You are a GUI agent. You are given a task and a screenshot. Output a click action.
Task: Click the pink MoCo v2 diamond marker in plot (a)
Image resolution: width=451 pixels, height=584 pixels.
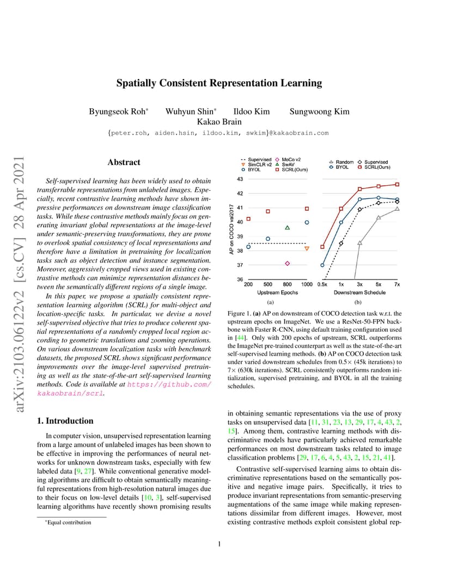(287, 263)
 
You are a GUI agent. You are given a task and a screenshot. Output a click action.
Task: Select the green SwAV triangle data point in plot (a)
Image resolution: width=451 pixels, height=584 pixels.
(287, 227)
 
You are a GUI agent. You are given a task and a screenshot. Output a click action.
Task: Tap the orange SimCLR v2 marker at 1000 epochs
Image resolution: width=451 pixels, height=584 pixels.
(307, 248)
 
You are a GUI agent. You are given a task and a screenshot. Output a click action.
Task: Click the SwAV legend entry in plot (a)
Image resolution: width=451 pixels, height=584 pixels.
(289, 165)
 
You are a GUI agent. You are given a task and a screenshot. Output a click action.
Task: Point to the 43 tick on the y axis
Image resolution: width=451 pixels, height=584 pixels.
(240, 179)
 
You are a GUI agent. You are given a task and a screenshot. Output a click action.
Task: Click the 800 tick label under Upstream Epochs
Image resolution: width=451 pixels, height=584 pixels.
(287, 284)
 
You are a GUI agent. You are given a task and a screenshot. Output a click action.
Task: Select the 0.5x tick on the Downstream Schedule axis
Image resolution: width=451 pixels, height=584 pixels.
(322, 284)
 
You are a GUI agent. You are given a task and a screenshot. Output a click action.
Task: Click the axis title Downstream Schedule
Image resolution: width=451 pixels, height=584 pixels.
(359, 293)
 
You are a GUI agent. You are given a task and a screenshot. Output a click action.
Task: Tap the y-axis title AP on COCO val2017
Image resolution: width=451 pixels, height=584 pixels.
(231, 229)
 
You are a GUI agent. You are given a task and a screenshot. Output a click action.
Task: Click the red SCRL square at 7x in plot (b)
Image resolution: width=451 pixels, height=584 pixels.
(397, 184)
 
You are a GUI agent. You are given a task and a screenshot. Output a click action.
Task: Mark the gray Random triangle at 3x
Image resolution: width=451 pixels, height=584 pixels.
(359, 242)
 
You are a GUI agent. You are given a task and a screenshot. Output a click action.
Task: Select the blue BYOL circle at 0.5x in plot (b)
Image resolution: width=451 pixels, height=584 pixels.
(322, 265)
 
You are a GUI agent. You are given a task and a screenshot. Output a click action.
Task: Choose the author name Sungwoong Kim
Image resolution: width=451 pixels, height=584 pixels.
(319, 112)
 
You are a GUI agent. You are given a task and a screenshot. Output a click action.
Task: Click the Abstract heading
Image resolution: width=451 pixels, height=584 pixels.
(124, 162)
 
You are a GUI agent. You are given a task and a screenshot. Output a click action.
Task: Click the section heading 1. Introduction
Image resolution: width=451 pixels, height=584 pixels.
(64, 421)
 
